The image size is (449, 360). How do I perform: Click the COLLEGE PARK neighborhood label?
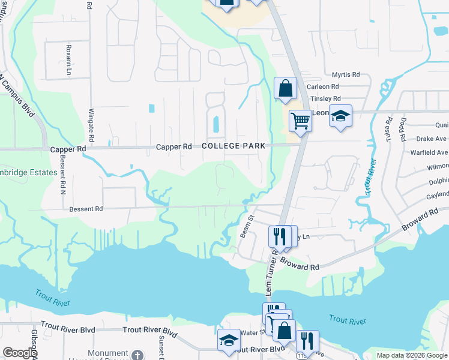coord(234,146)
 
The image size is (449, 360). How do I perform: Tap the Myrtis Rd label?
coord(346,75)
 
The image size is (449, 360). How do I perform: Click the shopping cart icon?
coord(300,120)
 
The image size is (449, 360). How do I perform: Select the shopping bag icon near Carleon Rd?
coord(286,88)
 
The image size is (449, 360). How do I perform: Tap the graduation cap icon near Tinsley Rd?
coord(340,116)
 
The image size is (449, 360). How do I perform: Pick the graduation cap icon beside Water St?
coord(229,340)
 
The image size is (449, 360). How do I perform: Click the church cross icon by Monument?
coord(138,355)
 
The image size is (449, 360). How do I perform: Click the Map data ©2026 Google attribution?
coord(411,355)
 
